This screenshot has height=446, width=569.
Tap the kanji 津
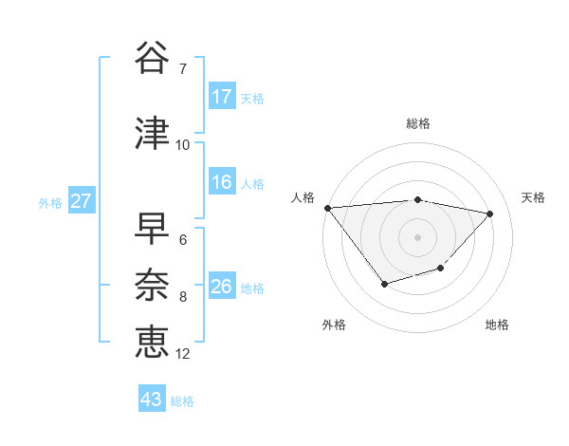[153, 134]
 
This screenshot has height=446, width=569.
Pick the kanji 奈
[153, 286]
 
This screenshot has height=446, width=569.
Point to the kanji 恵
[153, 341]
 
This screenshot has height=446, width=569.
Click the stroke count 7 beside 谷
[182, 68]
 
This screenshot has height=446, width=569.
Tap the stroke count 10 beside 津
[183, 144]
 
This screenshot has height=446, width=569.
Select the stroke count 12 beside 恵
[183, 353]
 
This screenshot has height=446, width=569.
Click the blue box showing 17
[222, 97]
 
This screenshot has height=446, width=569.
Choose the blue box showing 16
[222, 183]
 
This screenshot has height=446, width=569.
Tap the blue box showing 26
[222, 287]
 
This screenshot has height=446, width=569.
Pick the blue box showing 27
[82, 201]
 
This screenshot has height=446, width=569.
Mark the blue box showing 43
[152, 400]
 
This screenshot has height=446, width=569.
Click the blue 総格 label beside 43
[182, 401]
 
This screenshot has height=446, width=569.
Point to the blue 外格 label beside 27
[50, 202]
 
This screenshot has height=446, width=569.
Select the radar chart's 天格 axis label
[534, 197]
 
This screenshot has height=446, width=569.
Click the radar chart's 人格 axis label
[303, 197]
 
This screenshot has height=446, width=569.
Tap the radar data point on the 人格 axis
[327, 208]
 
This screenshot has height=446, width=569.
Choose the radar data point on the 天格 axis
[489, 214]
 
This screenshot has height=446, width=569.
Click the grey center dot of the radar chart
[417, 236]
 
